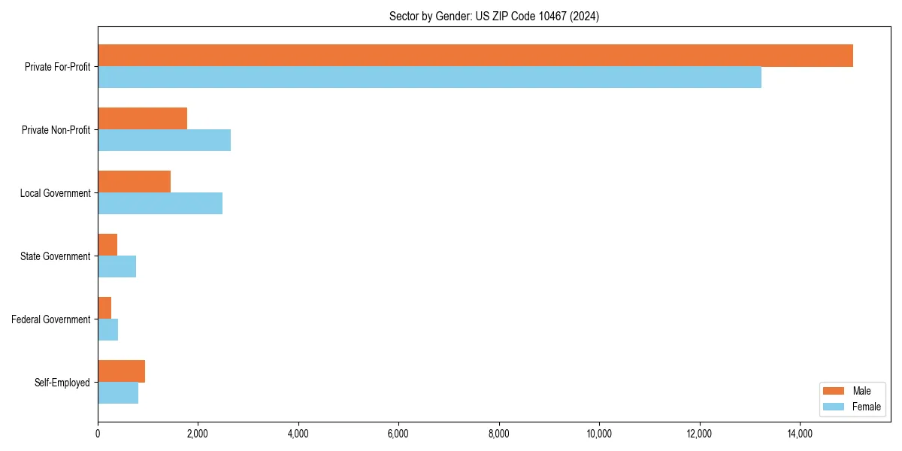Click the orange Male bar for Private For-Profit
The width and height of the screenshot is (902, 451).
(475, 56)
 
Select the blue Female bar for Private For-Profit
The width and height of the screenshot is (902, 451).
(429, 77)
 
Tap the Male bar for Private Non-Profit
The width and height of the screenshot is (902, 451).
(142, 119)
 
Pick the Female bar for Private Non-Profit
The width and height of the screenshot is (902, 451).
(164, 141)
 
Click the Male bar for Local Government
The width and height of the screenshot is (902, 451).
(134, 182)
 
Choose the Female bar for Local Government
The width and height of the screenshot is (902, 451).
(160, 204)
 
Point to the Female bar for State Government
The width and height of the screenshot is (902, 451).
(117, 267)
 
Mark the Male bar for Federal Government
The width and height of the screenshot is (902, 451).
(104, 308)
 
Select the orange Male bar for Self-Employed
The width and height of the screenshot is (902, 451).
(121, 371)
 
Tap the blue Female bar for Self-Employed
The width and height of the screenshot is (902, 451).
(118, 393)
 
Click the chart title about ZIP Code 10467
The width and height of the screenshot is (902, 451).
(494, 16)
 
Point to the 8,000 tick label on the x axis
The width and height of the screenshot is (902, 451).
(499, 434)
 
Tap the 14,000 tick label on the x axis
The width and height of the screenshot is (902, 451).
(800, 434)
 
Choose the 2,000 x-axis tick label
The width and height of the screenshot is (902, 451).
(198, 434)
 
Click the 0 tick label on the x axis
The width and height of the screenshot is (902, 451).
(98, 434)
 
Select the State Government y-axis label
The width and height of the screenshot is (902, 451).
(55, 256)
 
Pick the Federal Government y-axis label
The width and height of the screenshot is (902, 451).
(50, 319)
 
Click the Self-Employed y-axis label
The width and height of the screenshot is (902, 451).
(62, 383)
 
